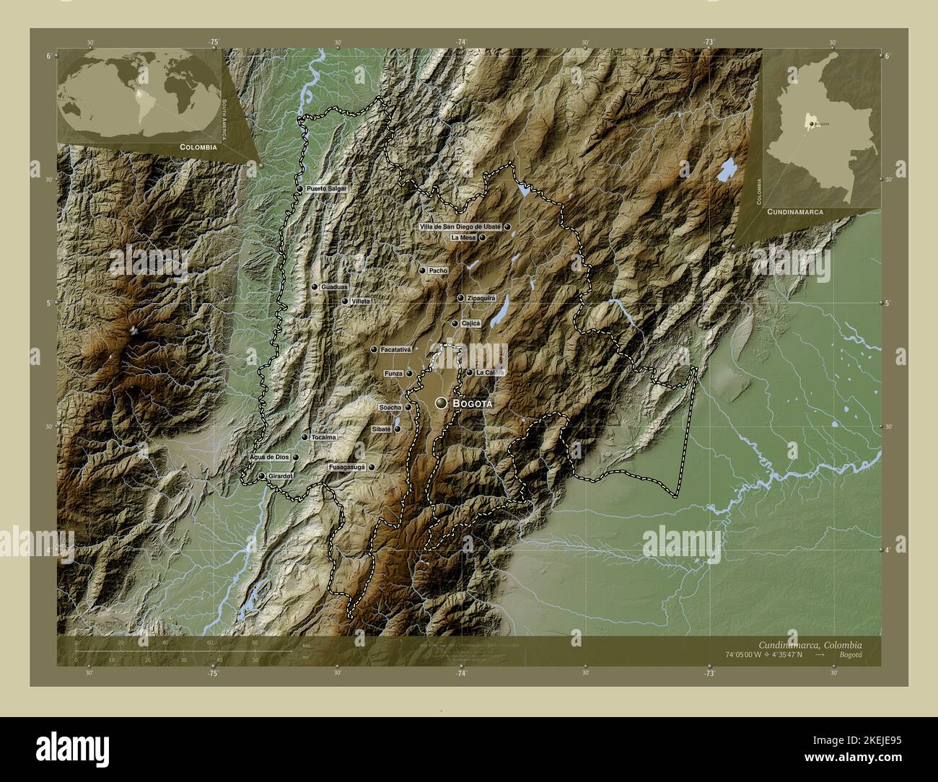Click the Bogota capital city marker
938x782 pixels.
[440, 403]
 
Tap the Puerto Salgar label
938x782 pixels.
[326, 189]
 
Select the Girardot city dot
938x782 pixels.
[261, 476]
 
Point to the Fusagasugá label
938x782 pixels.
[347, 467]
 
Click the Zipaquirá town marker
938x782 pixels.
[460, 298]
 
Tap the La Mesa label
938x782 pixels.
[463, 237]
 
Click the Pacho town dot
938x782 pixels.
[422, 271]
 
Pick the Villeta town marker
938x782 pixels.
[345, 301]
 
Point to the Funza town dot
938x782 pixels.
[409, 374]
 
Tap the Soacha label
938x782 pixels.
[390, 408]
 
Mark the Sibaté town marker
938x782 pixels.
[397, 429]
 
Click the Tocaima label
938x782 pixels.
[324, 437]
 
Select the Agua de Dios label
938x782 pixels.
[269, 457]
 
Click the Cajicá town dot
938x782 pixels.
[455, 323]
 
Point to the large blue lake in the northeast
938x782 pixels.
[727, 170]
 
